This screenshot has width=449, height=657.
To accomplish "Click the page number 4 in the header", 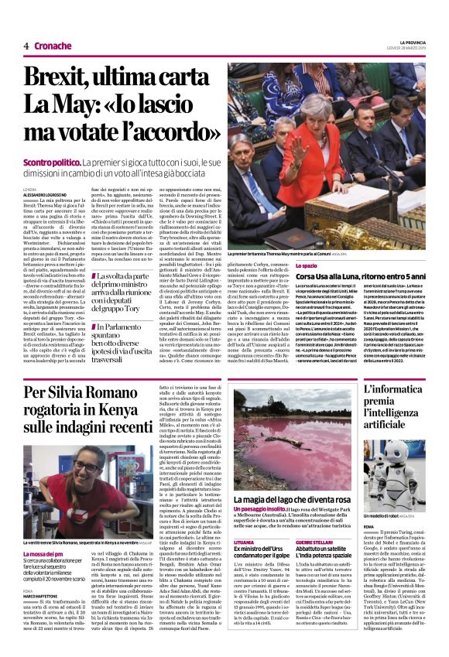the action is pyautogui.click(x=26, y=46).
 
